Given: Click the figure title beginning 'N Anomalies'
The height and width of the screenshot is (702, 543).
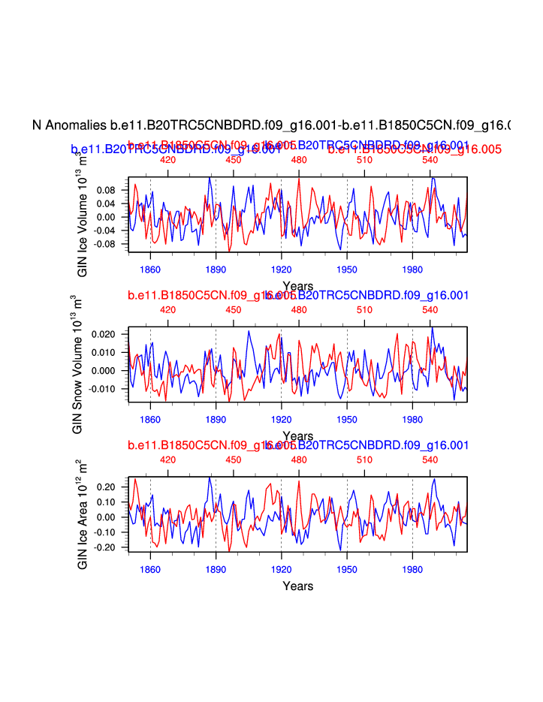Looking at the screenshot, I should click(271, 125).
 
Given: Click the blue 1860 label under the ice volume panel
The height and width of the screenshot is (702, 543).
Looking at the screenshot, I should click(150, 269).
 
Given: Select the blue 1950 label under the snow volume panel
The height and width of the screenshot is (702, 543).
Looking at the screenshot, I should click(347, 419).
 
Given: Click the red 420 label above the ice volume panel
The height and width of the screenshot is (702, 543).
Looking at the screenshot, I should click(167, 160).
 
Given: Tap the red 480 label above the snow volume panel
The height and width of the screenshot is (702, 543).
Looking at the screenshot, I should click(299, 309).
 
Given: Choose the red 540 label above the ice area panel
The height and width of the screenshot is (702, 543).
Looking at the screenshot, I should click(430, 459).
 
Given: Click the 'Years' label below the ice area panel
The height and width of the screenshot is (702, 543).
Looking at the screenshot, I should click(297, 586).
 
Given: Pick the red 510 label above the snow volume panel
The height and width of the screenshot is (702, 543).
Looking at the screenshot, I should click(365, 309).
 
